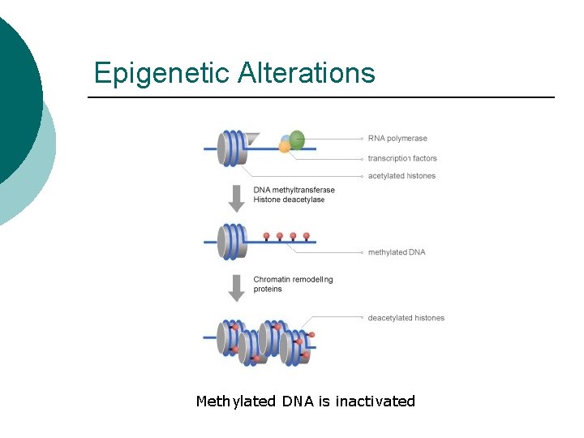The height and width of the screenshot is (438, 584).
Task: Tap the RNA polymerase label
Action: (397, 138)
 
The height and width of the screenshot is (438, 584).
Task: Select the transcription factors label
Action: (402, 158)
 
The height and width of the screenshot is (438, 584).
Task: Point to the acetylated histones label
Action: (401, 176)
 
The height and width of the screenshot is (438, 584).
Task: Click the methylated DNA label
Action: (397, 252)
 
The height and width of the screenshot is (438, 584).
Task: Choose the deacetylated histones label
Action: (406, 318)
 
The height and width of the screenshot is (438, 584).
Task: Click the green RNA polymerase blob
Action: (297, 140)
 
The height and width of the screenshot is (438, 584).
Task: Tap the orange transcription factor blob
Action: (284, 148)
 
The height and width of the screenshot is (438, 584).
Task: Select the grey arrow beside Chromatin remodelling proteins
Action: (237, 288)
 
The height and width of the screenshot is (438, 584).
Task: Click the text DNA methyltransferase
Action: (294, 190)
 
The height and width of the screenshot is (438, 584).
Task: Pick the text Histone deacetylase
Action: (289, 200)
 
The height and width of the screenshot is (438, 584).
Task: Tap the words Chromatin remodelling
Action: (293, 279)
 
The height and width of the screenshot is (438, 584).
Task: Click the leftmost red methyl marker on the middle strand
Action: (267, 237)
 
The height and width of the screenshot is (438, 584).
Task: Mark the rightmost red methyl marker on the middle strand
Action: (307, 237)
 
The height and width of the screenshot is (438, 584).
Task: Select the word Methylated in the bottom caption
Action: (236, 401)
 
